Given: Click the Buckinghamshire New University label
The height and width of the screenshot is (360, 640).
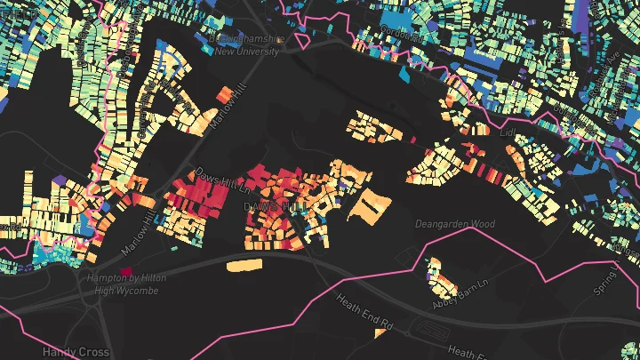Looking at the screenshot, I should (x=244, y=45).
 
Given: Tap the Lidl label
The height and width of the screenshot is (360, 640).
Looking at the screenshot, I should (x=509, y=132).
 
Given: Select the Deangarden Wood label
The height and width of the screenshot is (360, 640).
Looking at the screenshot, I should (x=454, y=224).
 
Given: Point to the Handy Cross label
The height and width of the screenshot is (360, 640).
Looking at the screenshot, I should (x=76, y=352).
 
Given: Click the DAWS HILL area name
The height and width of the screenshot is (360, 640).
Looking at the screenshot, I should (x=268, y=206).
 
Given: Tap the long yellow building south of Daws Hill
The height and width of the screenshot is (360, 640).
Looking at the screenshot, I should (x=245, y=265).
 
